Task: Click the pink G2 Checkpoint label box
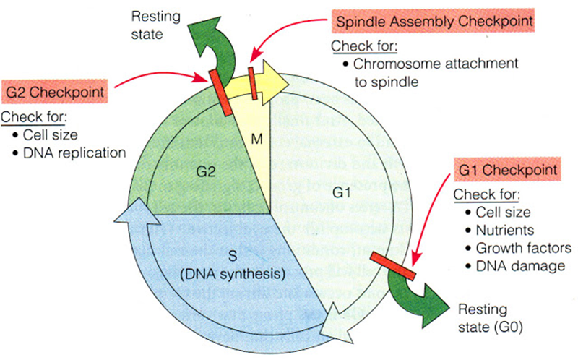click(56, 94)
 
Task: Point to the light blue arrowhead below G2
click(129, 217)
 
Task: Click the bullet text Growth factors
click(523, 248)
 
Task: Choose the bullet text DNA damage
click(519, 265)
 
